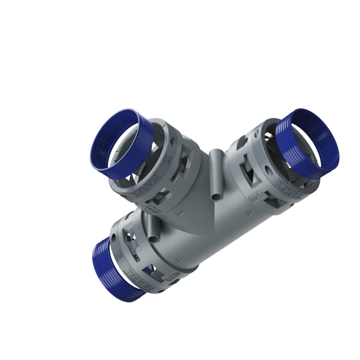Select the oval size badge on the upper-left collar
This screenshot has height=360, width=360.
click(154, 210)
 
